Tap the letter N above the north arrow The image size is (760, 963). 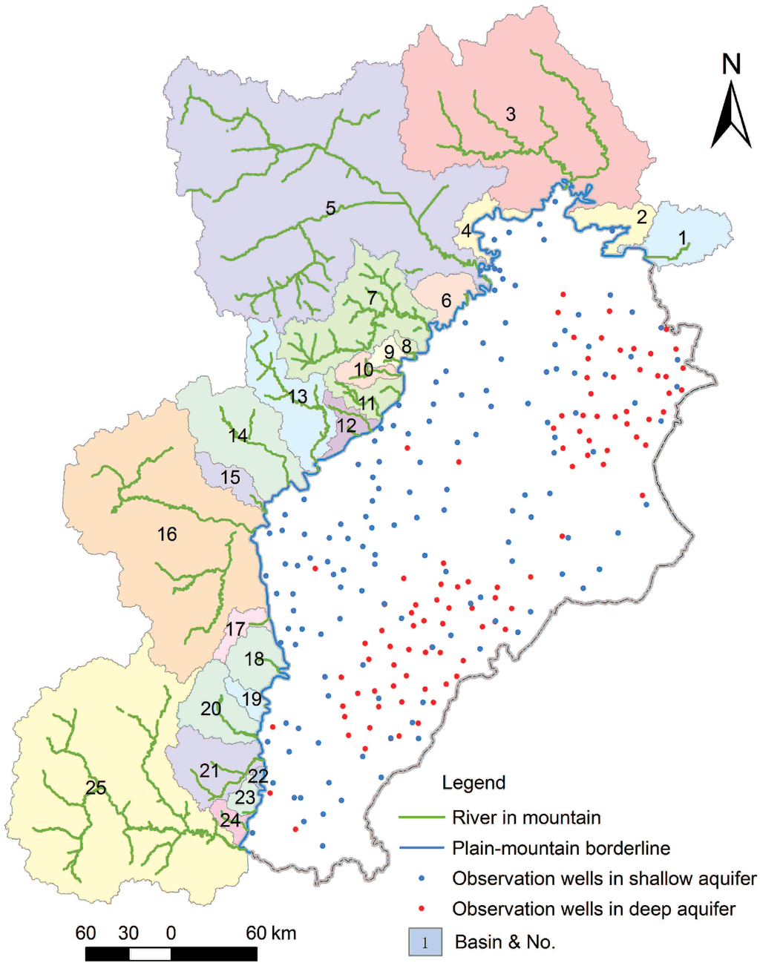click(732, 65)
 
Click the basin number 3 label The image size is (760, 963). click(511, 114)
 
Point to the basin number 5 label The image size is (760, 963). click(330, 208)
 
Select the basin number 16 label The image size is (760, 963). click(167, 533)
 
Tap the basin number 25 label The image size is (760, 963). click(96, 787)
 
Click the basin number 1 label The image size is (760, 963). click(683, 238)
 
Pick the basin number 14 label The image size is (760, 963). click(238, 436)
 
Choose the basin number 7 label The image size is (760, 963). click(372, 298)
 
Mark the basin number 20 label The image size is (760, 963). click(211, 709)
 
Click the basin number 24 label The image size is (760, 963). click(230, 820)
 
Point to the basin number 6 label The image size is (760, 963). click(446, 300)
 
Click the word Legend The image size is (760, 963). click(474, 783)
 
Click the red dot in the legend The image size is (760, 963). click(422, 909)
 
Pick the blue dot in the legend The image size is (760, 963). click(422, 878)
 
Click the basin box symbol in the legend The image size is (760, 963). click(425, 942)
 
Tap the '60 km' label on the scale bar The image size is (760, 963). click(271, 933)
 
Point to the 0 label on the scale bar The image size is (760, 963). click(171, 933)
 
